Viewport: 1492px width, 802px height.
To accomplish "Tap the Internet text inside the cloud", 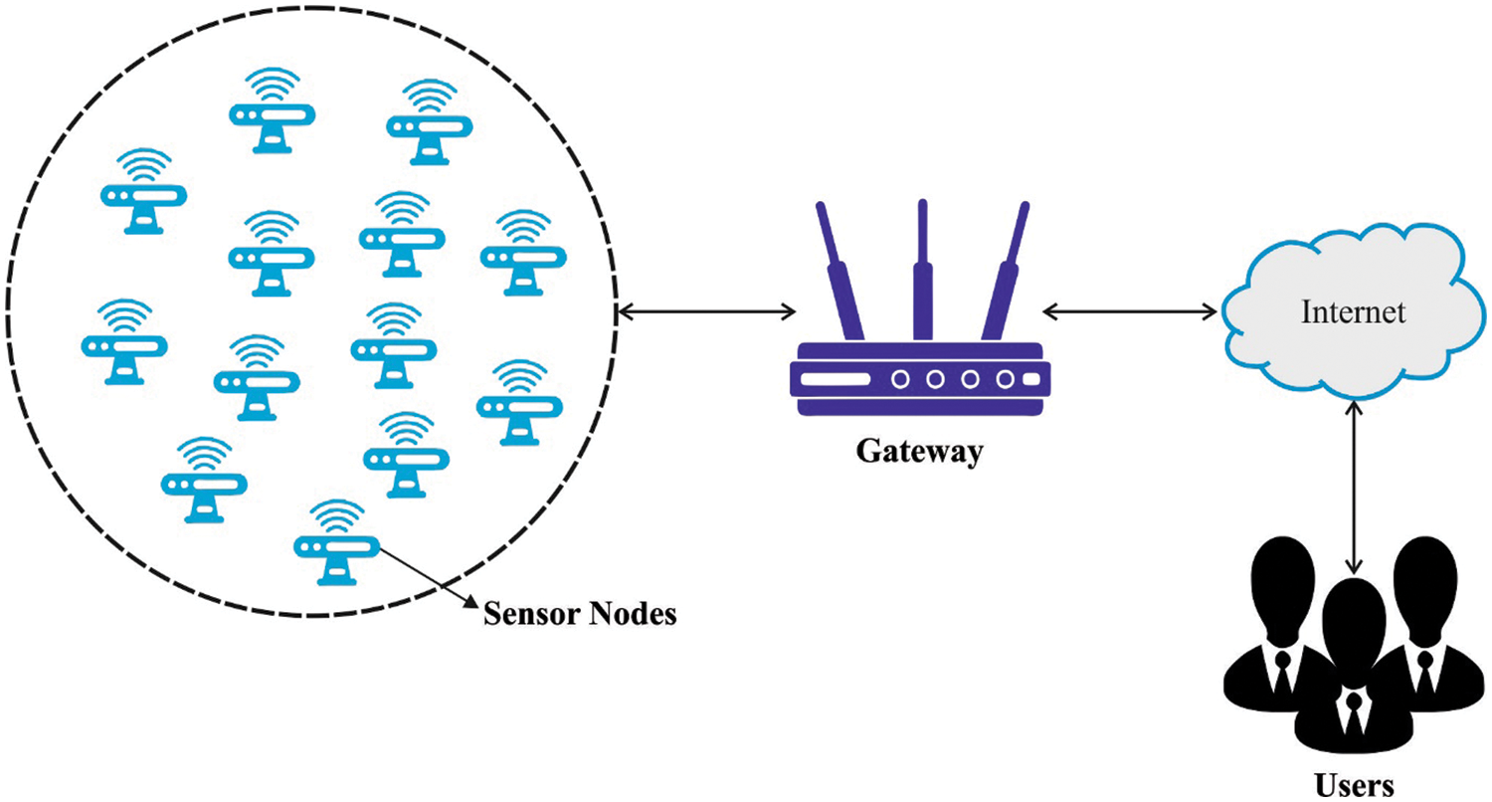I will (x=1354, y=312).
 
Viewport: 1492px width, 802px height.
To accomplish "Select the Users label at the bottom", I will (x=1354, y=784).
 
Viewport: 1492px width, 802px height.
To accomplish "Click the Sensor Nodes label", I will (x=580, y=614).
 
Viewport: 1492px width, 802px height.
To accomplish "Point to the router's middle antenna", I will (x=921, y=269).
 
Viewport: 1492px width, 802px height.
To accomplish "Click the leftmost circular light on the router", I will (x=902, y=379).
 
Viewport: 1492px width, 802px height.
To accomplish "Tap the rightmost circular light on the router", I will (x=1006, y=379).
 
